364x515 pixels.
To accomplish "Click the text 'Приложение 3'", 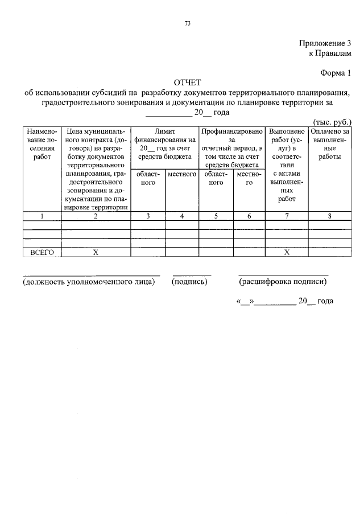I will pyautogui.click(x=325, y=43).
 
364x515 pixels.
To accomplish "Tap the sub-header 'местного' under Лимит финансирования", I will pyautogui.click(x=182, y=174).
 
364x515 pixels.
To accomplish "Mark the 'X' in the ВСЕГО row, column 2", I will pyautogui.click(x=96, y=252).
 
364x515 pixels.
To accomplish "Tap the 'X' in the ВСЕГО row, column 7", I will pyautogui.click(x=287, y=252).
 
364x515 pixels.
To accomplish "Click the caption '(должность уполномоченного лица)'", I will pyautogui.click(x=88, y=281).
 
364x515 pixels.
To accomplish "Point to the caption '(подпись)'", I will pyautogui.click(x=189, y=281).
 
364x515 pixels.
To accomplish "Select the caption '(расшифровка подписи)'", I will pyautogui.click(x=283, y=281).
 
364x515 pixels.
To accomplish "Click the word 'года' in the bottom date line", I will pyautogui.click(x=325, y=301).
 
